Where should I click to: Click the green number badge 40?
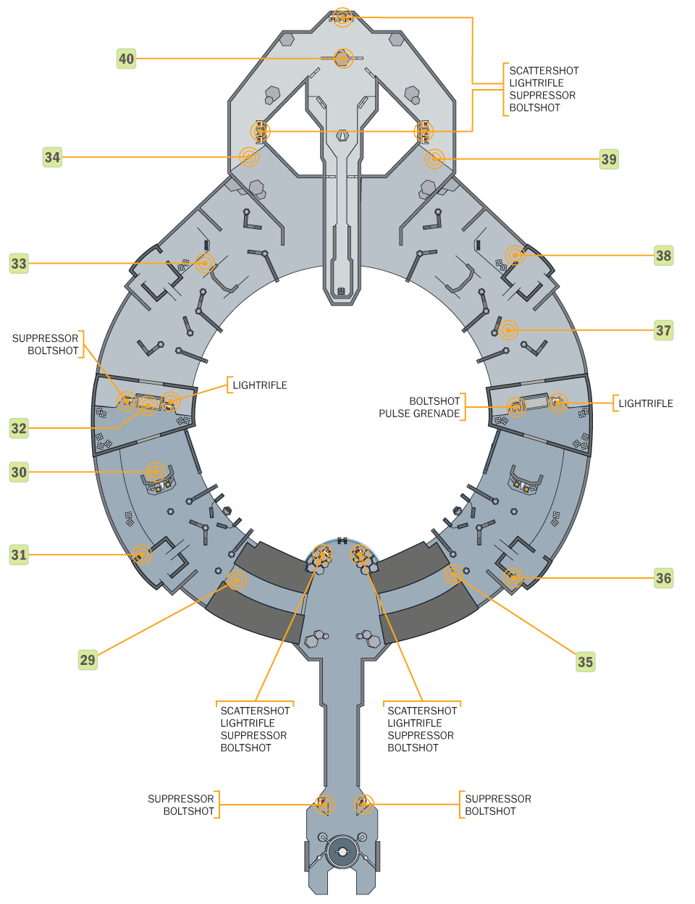126,59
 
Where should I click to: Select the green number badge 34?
52,157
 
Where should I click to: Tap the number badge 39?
609,159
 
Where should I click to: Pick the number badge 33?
19,264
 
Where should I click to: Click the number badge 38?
663,256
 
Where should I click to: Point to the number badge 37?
663,331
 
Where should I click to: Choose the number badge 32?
19,428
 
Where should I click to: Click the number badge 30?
19,472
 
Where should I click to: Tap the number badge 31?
19,556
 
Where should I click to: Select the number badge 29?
88,660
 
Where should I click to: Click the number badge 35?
585,661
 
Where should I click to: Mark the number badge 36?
663,578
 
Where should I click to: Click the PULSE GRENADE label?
419,414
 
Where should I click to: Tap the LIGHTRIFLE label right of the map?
645,403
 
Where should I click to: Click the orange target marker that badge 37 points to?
509,330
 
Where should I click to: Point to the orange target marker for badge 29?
236,580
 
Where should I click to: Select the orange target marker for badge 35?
454,574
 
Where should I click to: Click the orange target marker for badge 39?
434,159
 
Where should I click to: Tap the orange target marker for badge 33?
205,263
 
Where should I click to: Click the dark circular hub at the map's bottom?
342,852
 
